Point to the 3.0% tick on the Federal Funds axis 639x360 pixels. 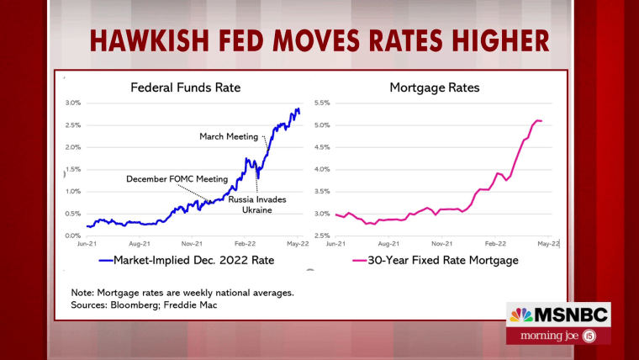73,103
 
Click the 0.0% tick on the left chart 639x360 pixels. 73,236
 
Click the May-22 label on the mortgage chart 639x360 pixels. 548,243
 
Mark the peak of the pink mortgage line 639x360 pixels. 538,121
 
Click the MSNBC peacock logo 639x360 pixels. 521,315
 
